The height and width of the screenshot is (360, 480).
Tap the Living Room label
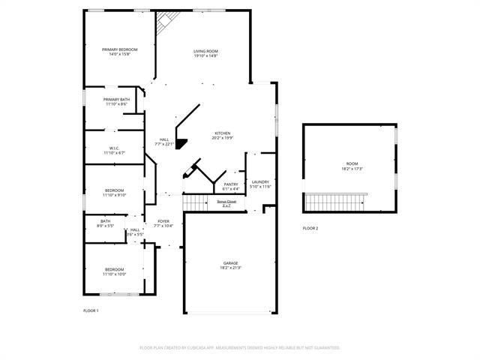pos(205,50)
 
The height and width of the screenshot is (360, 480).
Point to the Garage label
pos(230,263)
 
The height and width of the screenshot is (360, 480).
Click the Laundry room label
pos(260,181)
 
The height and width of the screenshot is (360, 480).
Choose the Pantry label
pos(230,184)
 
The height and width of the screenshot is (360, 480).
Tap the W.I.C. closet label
pos(115,148)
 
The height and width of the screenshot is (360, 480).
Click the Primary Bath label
pos(117,99)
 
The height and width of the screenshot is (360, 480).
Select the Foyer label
pos(163,221)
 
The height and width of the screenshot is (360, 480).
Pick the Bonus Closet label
pos(226,201)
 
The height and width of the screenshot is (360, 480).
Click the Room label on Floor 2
pos(352,163)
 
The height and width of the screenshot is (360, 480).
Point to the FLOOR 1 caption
pos(90,310)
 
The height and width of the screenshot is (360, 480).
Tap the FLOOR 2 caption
pos(310,228)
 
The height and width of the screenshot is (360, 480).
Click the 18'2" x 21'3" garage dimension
pos(230,268)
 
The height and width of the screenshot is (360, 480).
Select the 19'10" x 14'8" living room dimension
pos(205,55)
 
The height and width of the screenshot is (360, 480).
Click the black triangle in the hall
pos(180,144)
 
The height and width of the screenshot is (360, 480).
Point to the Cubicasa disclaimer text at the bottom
pos(240,348)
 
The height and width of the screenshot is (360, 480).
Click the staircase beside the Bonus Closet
pos(196,202)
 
